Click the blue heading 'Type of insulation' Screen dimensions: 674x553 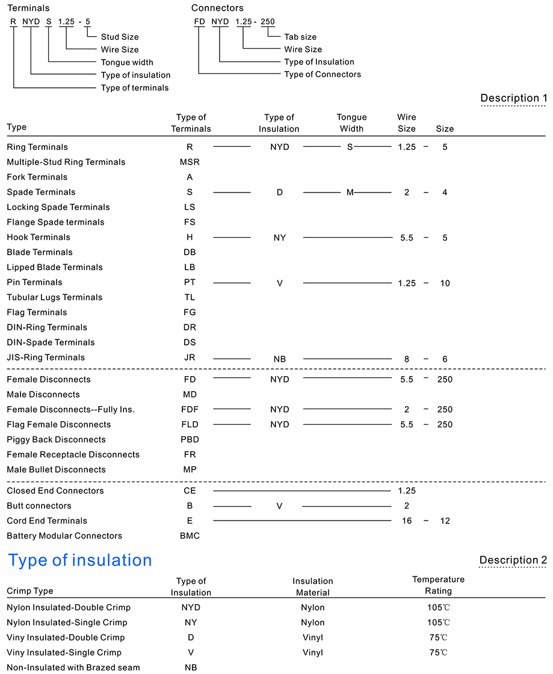pyautogui.click(x=79, y=560)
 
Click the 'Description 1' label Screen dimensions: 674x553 pyautogui.click(x=513, y=98)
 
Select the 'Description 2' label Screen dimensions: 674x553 pyautogui.click(x=513, y=560)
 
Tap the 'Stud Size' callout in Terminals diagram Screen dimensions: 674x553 pyautogui.click(x=120, y=37)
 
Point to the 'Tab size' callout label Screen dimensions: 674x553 pyautogui.click(x=300, y=37)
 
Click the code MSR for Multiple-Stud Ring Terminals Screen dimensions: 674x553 pyautogui.click(x=190, y=162)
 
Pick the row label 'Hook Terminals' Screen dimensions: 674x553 pyautogui.click(x=39, y=237)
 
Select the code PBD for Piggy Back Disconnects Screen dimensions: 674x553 pyautogui.click(x=190, y=439)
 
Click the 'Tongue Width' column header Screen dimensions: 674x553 pyautogui.click(x=351, y=123)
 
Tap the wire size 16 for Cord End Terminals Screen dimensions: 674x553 pyautogui.click(x=407, y=521)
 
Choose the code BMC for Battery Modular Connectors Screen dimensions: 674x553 pyautogui.click(x=190, y=536)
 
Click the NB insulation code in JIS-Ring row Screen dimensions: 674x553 pyautogui.click(x=279, y=359)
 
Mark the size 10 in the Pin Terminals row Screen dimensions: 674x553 pyautogui.click(x=445, y=283)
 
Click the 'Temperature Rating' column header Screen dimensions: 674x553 pyautogui.click(x=438, y=585)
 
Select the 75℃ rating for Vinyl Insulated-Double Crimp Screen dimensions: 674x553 pyautogui.click(x=438, y=637)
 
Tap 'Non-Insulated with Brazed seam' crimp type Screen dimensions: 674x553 pyautogui.click(x=73, y=667)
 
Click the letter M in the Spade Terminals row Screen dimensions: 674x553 pyautogui.click(x=350, y=192)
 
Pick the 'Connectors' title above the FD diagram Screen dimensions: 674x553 pyautogui.click(x=217, y=8)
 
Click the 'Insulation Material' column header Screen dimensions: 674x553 pyautogui.click(x=313, y=587)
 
